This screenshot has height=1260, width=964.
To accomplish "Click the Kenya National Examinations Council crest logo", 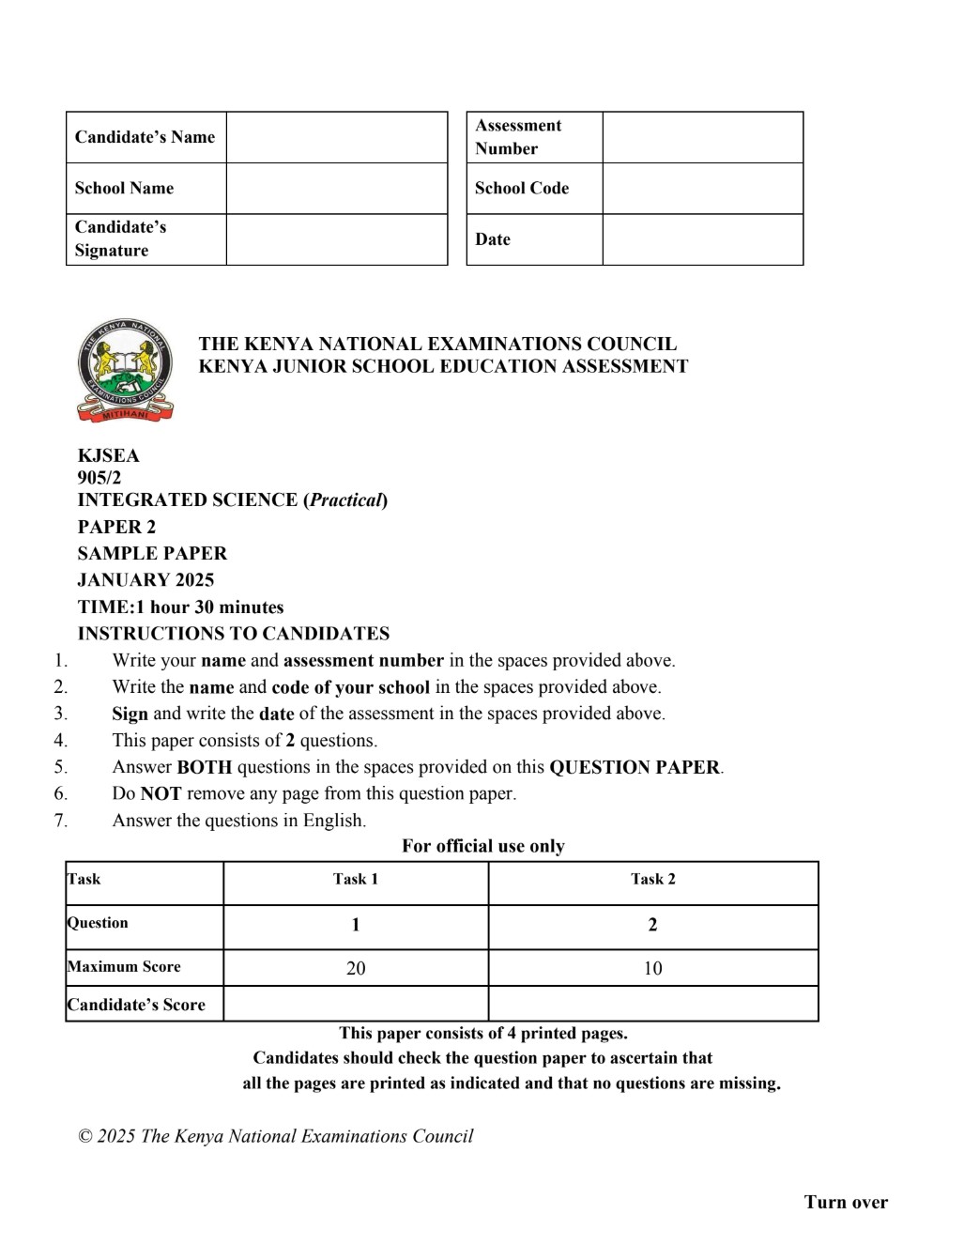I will coord(125,370).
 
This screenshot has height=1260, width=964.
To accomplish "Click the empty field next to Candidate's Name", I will coord(336,137).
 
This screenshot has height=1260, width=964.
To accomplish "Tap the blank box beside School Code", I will coord(702,189).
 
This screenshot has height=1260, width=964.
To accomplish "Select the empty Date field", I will coord(702,239).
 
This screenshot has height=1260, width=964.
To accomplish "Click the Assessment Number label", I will coord(518,137).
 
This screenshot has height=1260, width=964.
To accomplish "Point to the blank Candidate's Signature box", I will coord(336,239).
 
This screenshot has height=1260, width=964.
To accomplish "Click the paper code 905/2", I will coord(99,478).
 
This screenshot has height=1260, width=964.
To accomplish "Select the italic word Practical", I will coord(346,500).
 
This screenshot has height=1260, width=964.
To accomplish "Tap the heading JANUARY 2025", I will coord(145,580).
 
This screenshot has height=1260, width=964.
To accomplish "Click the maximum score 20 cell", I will coord(356,968).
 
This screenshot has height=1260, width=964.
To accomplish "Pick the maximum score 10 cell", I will coord(652,968).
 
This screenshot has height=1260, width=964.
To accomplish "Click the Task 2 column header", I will coord(652,880).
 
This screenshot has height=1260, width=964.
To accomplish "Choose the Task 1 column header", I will coord(356,880).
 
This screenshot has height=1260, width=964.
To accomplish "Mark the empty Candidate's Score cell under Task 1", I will coord(356,1004).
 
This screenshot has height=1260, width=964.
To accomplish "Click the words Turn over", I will coord(846,1203).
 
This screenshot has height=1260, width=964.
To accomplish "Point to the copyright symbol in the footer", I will coord(85,1137).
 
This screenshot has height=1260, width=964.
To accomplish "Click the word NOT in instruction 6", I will coord(161,794).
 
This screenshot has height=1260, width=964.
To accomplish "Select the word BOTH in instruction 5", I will coord(204,767).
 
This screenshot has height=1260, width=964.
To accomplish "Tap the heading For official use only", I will coord(483,846).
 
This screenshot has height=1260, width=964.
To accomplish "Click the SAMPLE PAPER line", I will coord(152,554).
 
